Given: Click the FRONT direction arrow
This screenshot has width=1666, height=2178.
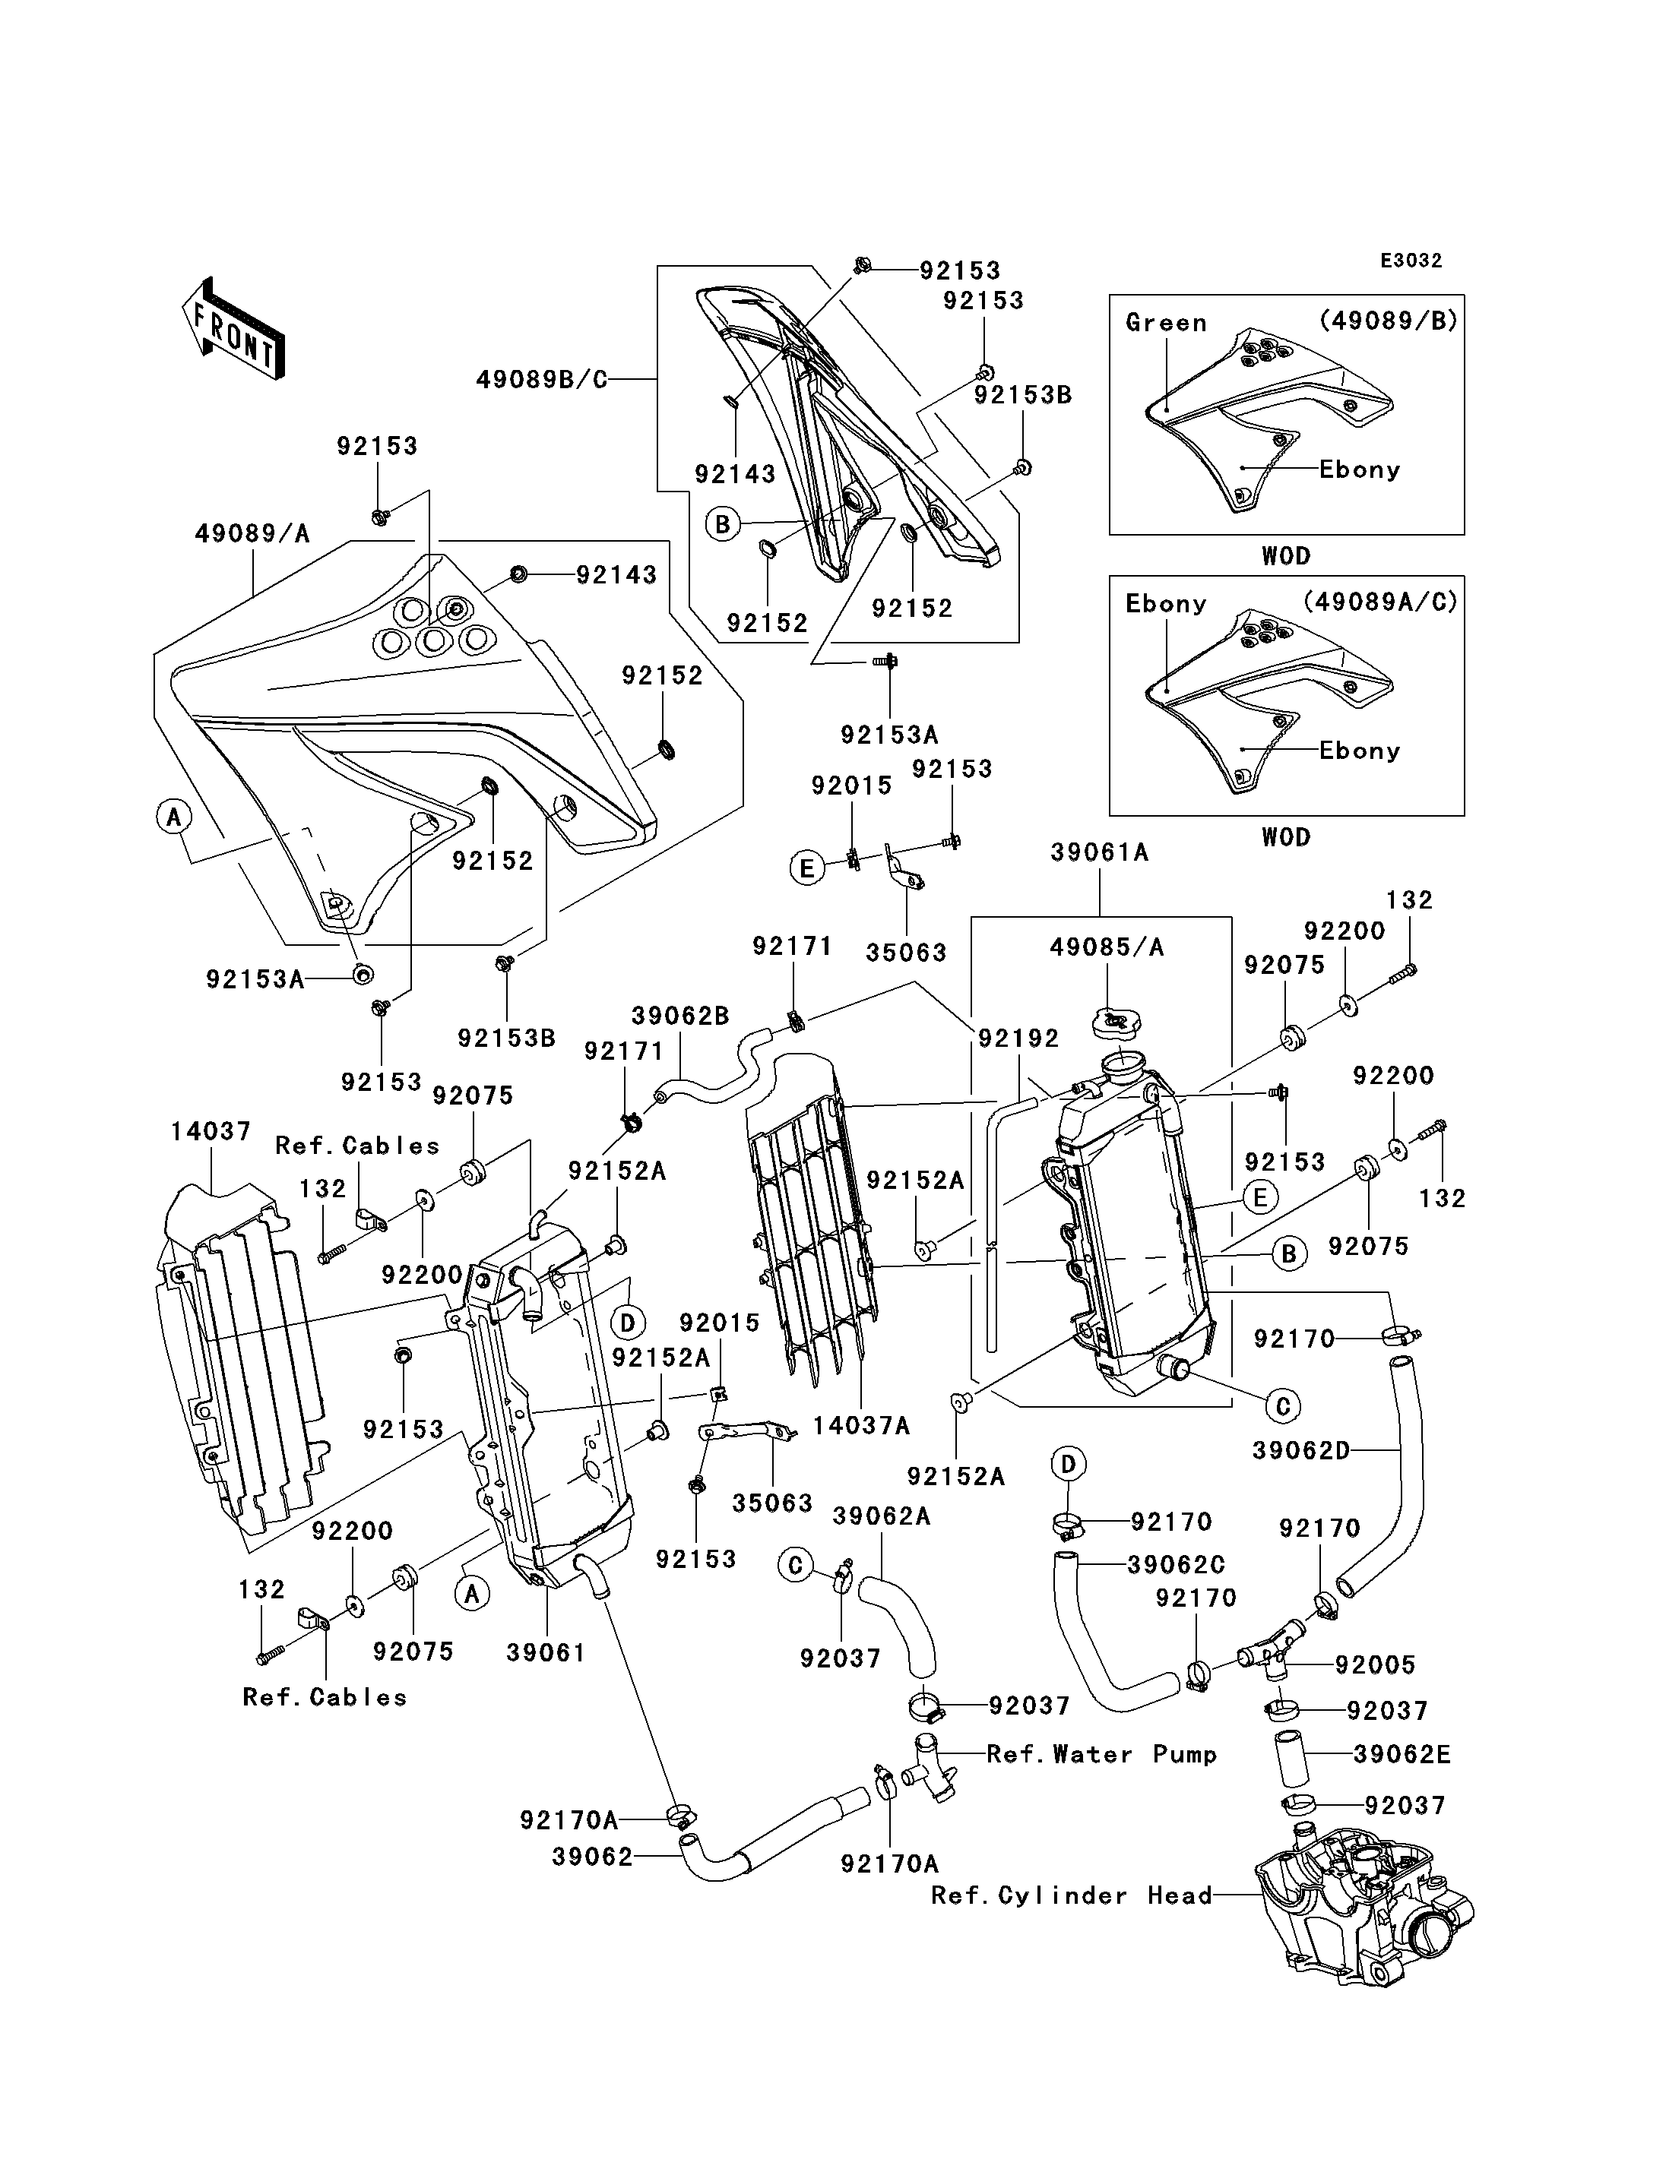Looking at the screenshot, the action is click(233, 328).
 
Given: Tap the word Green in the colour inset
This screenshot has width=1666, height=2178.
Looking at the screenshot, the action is click(1166, 322).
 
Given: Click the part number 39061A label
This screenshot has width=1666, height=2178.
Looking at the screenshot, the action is click(1100, 852).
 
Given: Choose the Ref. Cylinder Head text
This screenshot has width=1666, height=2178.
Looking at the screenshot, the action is click(1072, 1895).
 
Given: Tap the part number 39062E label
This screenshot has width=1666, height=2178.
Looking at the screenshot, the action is click(1402, 1755).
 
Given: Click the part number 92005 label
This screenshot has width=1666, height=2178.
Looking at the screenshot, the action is click(1376, 1664).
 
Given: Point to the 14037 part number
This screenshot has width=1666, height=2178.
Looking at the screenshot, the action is click(211, 1131).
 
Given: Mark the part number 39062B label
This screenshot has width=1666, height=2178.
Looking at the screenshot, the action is click(680, 1016).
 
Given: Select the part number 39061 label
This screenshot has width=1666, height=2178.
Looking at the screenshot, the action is click(546, 1652).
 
